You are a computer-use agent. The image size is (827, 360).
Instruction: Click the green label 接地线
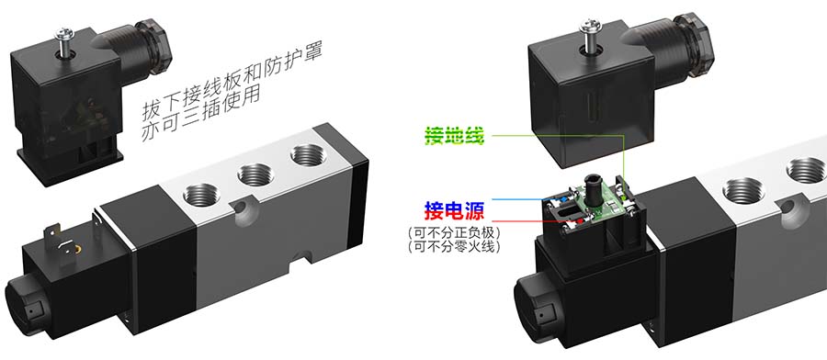[x=454, y=137]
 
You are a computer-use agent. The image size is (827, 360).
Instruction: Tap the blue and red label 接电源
[x=454, y=211]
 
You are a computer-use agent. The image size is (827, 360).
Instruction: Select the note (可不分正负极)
[x=454, y=232]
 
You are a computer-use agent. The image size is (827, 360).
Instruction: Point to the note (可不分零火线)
[x=454, y=246]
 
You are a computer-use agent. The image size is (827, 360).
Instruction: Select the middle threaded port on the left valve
[x=255, y=174]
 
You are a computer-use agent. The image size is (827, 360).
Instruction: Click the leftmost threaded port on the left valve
[x=202, y=194]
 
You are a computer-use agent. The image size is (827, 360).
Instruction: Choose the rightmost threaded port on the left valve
[x=308, y=155]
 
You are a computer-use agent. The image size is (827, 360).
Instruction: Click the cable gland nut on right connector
[x=694, y=40]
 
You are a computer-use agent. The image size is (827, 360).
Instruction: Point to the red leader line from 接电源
[x=534, y=220]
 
